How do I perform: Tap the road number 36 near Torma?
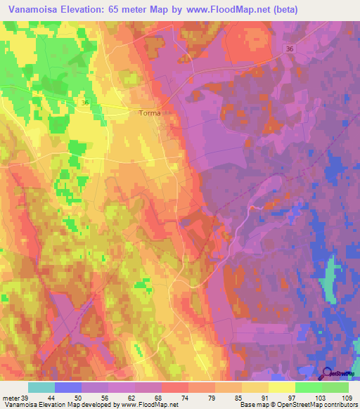(x=85, y=103)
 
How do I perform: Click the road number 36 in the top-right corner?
(x=290, y=48)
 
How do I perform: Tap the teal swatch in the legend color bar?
(x=41, y=387)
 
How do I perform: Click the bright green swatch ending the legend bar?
(x=335, y=387)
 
